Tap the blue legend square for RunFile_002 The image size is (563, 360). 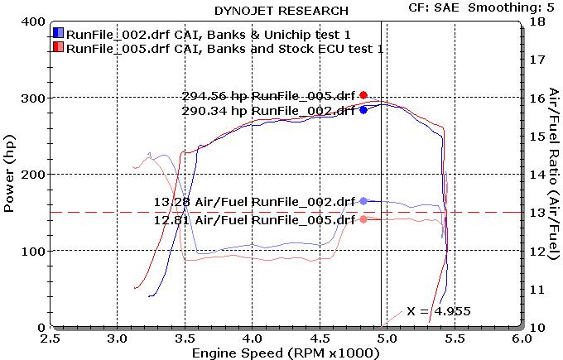coord(58,33)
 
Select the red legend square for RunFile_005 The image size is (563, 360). coord(58,48)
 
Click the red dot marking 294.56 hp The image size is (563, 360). coord(363,95)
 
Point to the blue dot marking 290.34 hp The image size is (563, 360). coord(363,109)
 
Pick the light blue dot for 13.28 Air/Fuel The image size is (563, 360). coord(363,201)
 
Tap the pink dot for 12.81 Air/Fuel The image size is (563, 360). coord(363,219)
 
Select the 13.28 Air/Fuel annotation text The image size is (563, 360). coord(254,201)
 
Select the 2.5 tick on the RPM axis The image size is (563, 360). coord(51,338)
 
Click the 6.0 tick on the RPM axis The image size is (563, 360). coord(521,338)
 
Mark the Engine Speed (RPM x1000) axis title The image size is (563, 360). coord(285,353)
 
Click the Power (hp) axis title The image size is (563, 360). coord(10,174)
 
